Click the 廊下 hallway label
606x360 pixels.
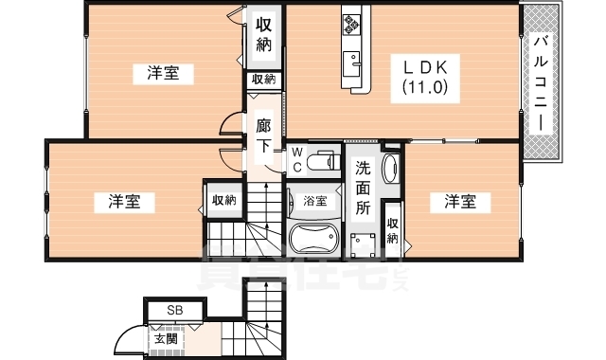[264, 134]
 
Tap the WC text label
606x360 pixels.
[296, 159]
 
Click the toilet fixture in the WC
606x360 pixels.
[325, 160]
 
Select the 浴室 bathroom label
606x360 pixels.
[315, 201]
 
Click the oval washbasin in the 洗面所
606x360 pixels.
[390, 171]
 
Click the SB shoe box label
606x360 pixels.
[174, 310]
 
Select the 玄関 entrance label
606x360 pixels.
[166, 337]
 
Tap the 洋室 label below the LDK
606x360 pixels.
[461, 201]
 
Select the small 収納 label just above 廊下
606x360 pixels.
[263, 81]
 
